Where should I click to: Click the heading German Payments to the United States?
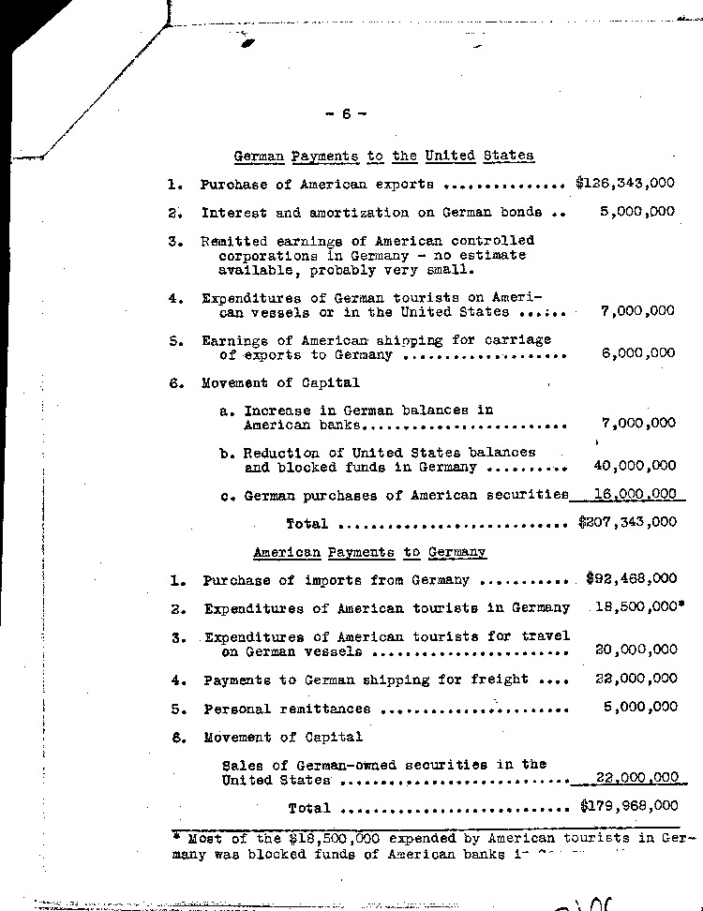pyautogui.click(x=382, y=157)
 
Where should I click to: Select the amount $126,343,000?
pyautogui.click(x=624, y=184)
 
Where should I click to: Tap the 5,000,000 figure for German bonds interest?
pyautogui.click(x=637, y=212)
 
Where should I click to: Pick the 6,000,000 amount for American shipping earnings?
pyautogui.click(x=637, y=353)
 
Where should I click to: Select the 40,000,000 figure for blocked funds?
pyautogui.click(x=635, y=465)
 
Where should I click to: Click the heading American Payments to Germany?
pyautogui.click(x=369, y=553)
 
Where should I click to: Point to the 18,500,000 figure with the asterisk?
pyautogui.click(x=637, y=607)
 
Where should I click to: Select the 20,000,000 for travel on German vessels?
pyautogui.click(x=636, y=649)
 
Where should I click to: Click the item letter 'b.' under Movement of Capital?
pyautogui.click(x=227, y=453)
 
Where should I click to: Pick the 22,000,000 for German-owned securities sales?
pyautogui.click(x=636, y=778)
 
